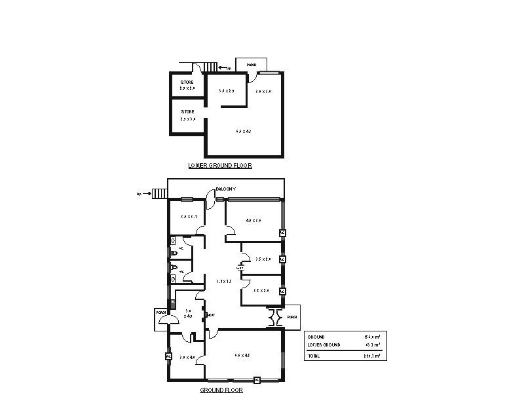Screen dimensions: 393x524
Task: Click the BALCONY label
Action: tap(226, 189)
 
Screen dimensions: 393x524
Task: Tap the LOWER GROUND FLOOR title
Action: tap(219, 166)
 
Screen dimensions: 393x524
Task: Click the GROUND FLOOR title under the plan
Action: tap(221, 390)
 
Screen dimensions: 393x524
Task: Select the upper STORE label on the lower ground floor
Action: tap(187, 83)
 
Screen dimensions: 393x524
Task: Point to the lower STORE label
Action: tap(187, 112)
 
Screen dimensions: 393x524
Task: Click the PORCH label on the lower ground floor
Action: tap(251, 65)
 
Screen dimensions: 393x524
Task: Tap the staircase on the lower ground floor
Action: tap(209, 67)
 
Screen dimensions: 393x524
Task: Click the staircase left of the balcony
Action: tap(160, 193)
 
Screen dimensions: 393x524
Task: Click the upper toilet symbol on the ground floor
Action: tap(174, 252)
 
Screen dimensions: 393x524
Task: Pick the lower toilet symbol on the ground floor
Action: tap(174, 268)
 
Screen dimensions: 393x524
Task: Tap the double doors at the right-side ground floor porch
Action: tap(276, 318)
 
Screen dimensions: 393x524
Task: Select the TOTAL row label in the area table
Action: tap(314, 356)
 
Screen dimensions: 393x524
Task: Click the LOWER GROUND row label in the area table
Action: tap(324, 345)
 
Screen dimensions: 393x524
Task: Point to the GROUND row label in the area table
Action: tap(316, 337)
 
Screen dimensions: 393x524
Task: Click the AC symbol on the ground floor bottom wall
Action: tap(257, 380)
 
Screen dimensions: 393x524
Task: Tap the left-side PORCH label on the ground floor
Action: tap(160, 313)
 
